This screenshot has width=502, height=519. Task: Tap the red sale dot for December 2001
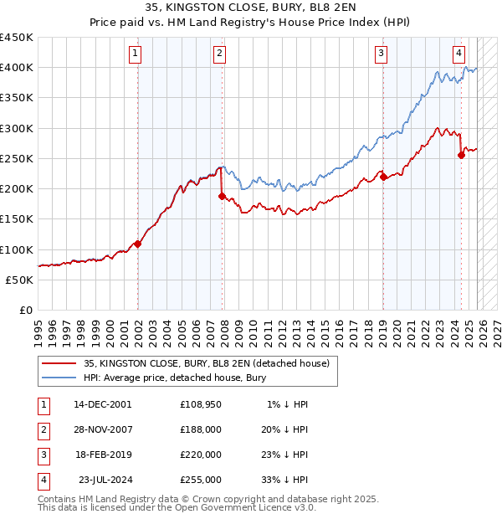pos(138,244)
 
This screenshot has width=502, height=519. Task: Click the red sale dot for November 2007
pos(222,196)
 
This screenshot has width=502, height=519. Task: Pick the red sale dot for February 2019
pos(382,177)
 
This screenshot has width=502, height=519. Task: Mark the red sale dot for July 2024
pos(461,155)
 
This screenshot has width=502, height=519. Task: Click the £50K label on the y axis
pos(20,280)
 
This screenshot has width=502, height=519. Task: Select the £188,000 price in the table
pos(201,429)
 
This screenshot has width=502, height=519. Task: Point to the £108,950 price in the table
pos(201,403)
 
